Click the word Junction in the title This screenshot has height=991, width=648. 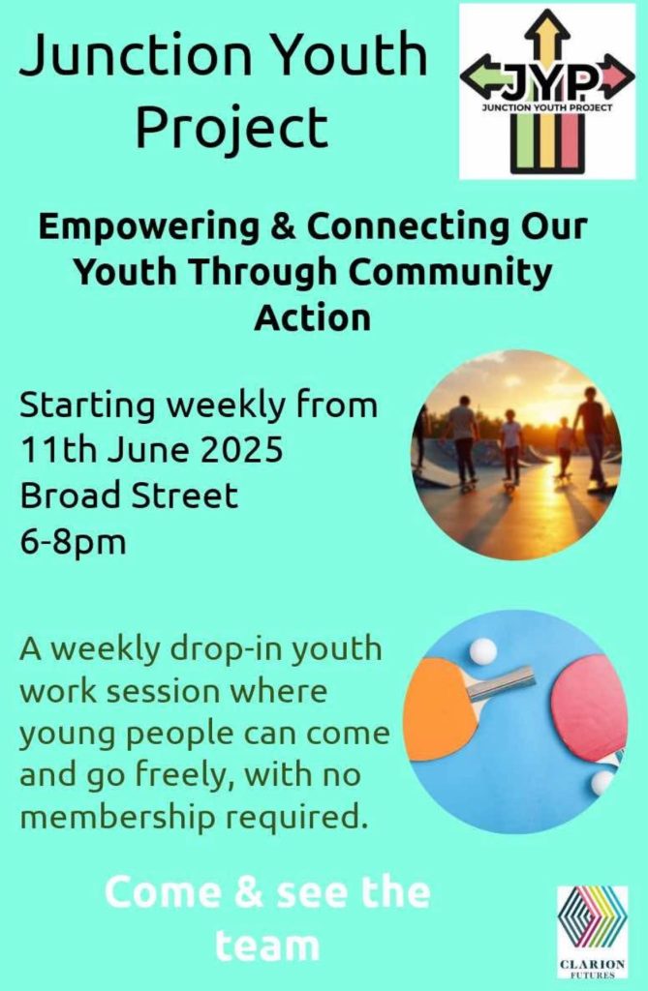[x=136, y=54]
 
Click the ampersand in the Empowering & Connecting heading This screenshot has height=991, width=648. [x=283, y=227]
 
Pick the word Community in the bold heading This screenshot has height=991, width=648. [x=450, y=273]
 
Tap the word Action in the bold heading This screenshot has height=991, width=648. [x=313, y=317]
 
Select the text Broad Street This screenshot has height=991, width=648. [x=129, y=495]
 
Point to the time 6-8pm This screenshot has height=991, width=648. [x=73, y=542]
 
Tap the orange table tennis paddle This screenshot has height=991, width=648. [x=442, y=706]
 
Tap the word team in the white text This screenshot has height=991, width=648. [x=267, y=946]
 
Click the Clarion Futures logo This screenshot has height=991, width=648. [x=593, y=937]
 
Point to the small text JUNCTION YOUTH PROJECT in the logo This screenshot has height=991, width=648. [x=547, y=107]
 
